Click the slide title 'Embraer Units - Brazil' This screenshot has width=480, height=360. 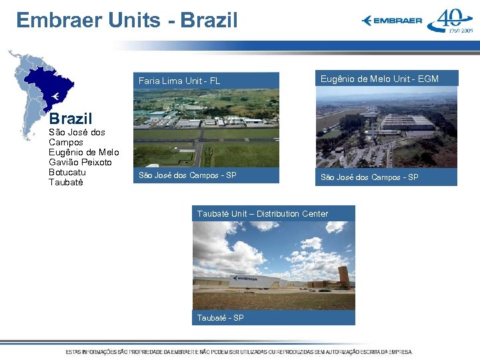(127, 20)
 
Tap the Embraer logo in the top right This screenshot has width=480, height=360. (392, 21)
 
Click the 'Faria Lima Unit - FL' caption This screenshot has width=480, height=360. (179, 81)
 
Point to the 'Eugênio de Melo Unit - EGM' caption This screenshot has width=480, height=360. (379, 79)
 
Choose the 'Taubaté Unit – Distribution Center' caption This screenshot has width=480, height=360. (263, 213)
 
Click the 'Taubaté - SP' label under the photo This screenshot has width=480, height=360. (220, 318)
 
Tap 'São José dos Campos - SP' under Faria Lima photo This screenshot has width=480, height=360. (187, 176)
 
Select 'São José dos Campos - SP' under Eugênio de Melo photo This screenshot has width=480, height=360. (369, 177)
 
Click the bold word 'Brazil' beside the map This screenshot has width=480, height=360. (70, 119)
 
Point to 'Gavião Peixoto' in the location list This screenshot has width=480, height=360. (80, 162)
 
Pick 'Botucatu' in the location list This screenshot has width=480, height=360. (67, 172)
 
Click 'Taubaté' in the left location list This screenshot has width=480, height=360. (66, 182)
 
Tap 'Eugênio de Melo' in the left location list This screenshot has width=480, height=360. (83, 152)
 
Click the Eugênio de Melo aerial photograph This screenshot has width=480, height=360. (386, 127)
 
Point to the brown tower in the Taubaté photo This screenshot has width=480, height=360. (343, 277)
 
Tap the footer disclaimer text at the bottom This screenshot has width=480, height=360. (239, 351)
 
